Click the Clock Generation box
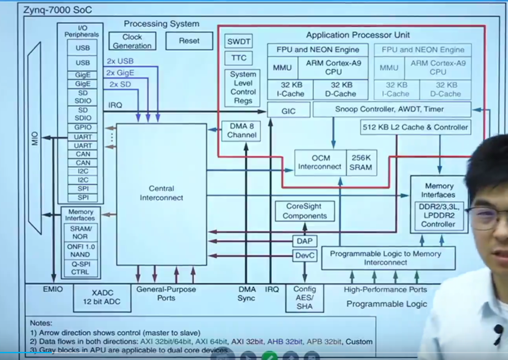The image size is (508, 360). pyautogui.click(x=132, y=41)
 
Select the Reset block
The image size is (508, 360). pyautogui.click(x=189, y=41)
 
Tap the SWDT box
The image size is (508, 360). pyautogui.click(x=238, y=42)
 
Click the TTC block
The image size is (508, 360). pyautogui.click(x=238, y=58)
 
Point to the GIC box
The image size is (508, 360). pyautogui.click(x=288, y=111)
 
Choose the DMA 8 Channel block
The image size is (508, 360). pyautogui.click(x=242, y=131)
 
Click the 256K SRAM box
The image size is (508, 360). pyautogui.click(x=361, y=163)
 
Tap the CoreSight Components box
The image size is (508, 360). pyautogui.click(x=305, y=211)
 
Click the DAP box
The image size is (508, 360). pyautogui.click(x=304, y=241)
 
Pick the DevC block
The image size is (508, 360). pyautogui.click(x=305, y=256)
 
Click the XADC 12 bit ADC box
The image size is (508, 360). pyautogui.click(x=102, y=298)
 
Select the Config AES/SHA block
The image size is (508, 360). pyautogui.click(x=305, y=298)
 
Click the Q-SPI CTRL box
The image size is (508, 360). pyautogui.click(x=80, y=268)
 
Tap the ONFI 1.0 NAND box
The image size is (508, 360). pyautogui.click(x=80, y=251)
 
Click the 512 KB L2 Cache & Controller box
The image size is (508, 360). pyautogui.click(x=415, y=127)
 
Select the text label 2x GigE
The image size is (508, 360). pyautogui.click(x=120, y=73)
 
